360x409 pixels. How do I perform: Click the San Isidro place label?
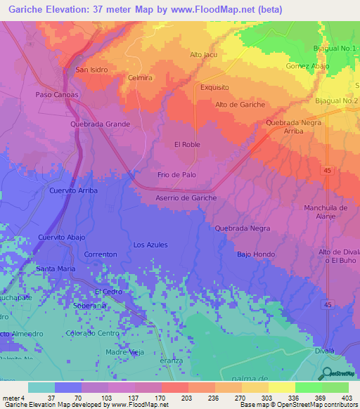(91, 70)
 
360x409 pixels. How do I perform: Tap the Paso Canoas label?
(56, 94)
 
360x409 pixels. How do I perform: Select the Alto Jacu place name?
(205, 54)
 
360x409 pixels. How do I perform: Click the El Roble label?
(188, 144)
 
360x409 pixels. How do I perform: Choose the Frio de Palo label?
(176, 174)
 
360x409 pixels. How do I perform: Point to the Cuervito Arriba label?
(73, 190)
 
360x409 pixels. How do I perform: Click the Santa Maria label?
(56, 268)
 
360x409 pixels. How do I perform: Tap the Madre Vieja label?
(124, 351)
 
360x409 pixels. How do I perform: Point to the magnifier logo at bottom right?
(327, 375)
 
